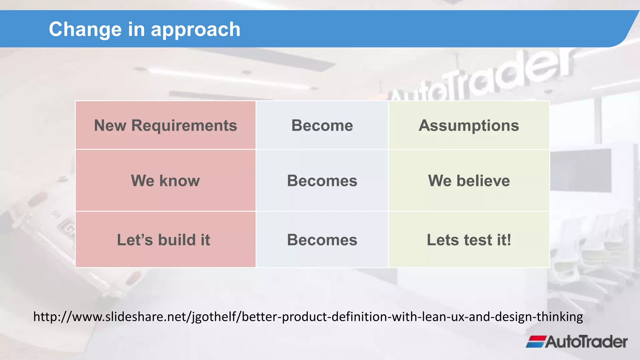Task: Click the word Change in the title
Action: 85,30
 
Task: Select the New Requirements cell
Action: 165,125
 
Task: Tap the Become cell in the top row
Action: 322,125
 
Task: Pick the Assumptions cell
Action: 469,125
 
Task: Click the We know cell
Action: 165,181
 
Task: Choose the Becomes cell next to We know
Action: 322,181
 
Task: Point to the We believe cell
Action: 469,181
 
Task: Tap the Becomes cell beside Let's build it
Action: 322,240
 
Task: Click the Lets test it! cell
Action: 469,240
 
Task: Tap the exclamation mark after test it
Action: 508,240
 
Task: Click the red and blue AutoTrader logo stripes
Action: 536,342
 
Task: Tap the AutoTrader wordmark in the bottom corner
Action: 586,342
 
